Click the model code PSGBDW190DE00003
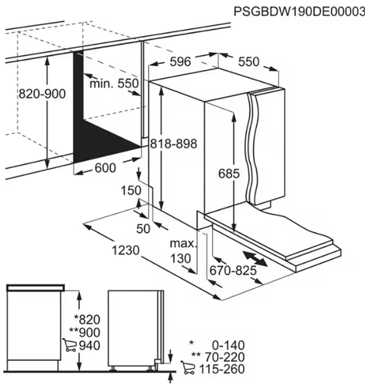click(x=299, y=11)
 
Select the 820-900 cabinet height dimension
click(x=42, y=94)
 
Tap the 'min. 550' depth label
click(x=114, y=84)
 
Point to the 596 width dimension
click(x=180, y=61)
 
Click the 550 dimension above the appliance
click(x=248, y=61)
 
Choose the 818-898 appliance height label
click(x=174, y=144)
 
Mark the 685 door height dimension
click(x=229, y=174)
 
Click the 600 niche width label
click(x=105, y=168)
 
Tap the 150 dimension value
click(x=131, y=190)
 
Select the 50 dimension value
click(x=143, y=229)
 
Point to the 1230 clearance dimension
click(x=126, y=250)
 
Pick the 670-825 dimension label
click(x=233, y=271)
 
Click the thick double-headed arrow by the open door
click(x=255, y=259)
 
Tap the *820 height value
click(x=87, y=320)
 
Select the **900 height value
click(x=84, y=333)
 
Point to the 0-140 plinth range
click(x=228, y=345)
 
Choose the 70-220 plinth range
click(x=224, y=357)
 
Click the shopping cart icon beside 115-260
click(x=188, y=368)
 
